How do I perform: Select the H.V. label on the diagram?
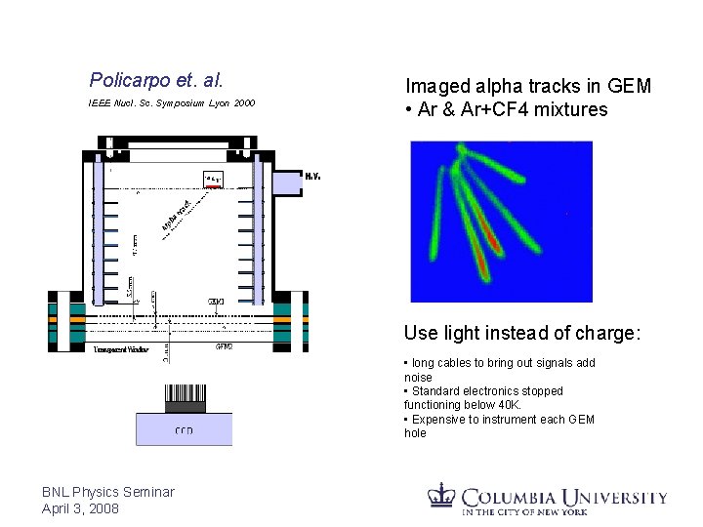coord(313,177)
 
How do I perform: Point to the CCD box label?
coord(184,430)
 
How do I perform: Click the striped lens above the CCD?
coord(184,396)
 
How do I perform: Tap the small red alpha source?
coord(213,184)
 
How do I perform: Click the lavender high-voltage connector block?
coord(287,182)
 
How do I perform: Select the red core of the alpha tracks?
coord(492,240)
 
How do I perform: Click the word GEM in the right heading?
coord(632,87)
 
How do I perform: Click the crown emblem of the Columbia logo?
coord(443,495)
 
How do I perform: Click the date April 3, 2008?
coord(81,508)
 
